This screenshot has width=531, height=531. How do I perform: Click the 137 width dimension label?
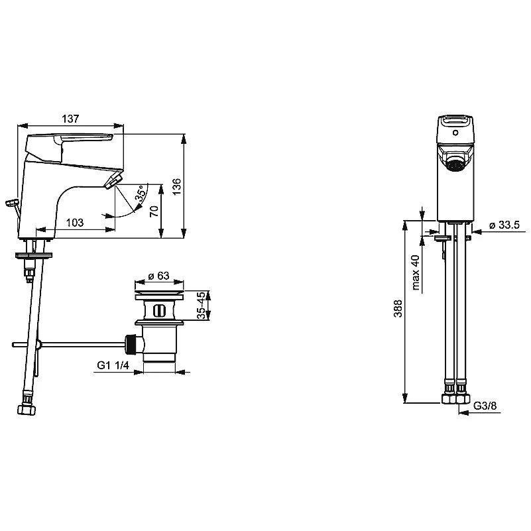click(x=70, y=119)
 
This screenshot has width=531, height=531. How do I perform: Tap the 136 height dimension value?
click(x=177, y=186)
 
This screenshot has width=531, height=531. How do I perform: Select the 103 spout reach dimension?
click(x=74, y=223)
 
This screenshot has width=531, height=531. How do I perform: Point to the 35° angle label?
click(x=141, y=193)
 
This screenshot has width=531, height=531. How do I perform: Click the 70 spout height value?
click(x=154, y=211)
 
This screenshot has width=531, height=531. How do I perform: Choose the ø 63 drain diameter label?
click(x=159, y=276)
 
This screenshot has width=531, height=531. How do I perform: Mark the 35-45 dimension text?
click(x=201, y=305)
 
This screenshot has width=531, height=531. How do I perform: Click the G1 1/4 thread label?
click(x=113, y=365)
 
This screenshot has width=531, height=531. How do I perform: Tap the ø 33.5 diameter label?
click(x=504, y=225)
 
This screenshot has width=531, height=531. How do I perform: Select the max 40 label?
click(x=416, y=272)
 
